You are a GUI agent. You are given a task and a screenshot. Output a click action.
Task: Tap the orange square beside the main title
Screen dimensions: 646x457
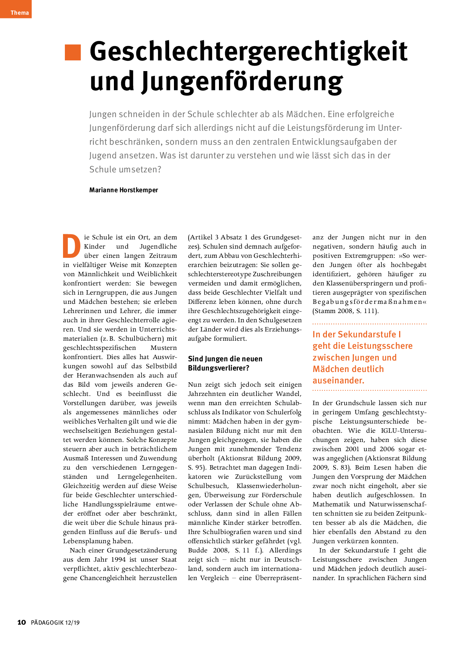(x=73, y=52)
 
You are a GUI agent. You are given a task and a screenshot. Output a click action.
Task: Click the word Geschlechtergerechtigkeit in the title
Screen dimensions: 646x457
(x=248, y=52)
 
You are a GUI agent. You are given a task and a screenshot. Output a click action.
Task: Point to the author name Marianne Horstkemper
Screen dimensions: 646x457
(x=123, y=190)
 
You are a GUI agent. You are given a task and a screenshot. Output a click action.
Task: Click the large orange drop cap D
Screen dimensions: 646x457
(x=71, y=246)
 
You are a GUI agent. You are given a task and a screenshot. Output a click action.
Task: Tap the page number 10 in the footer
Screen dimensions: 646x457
(x=22, y=622)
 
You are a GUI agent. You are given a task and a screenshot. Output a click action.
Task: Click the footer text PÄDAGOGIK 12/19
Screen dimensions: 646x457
(x=55, y=623)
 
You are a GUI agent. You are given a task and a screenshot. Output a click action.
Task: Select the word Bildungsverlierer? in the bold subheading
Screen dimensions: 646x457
(x=219, y=368)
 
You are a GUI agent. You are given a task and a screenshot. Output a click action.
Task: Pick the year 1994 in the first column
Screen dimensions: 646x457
(x=118, y=559)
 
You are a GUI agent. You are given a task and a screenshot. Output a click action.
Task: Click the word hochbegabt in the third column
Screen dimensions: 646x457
(x=408, y=265)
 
